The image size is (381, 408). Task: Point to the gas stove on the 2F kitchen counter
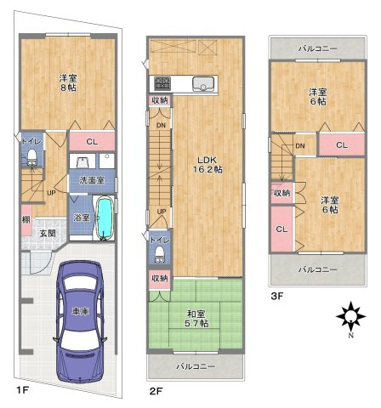coord(162,83)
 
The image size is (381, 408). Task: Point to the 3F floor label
coord(276,295)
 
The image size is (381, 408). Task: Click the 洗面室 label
coord(92,180)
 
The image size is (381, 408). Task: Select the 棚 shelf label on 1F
coord(26,219)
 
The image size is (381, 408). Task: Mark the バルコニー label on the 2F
coord(195,366)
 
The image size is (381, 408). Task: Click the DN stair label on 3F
coord(299,145)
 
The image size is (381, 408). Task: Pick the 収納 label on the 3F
coord(281,193)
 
